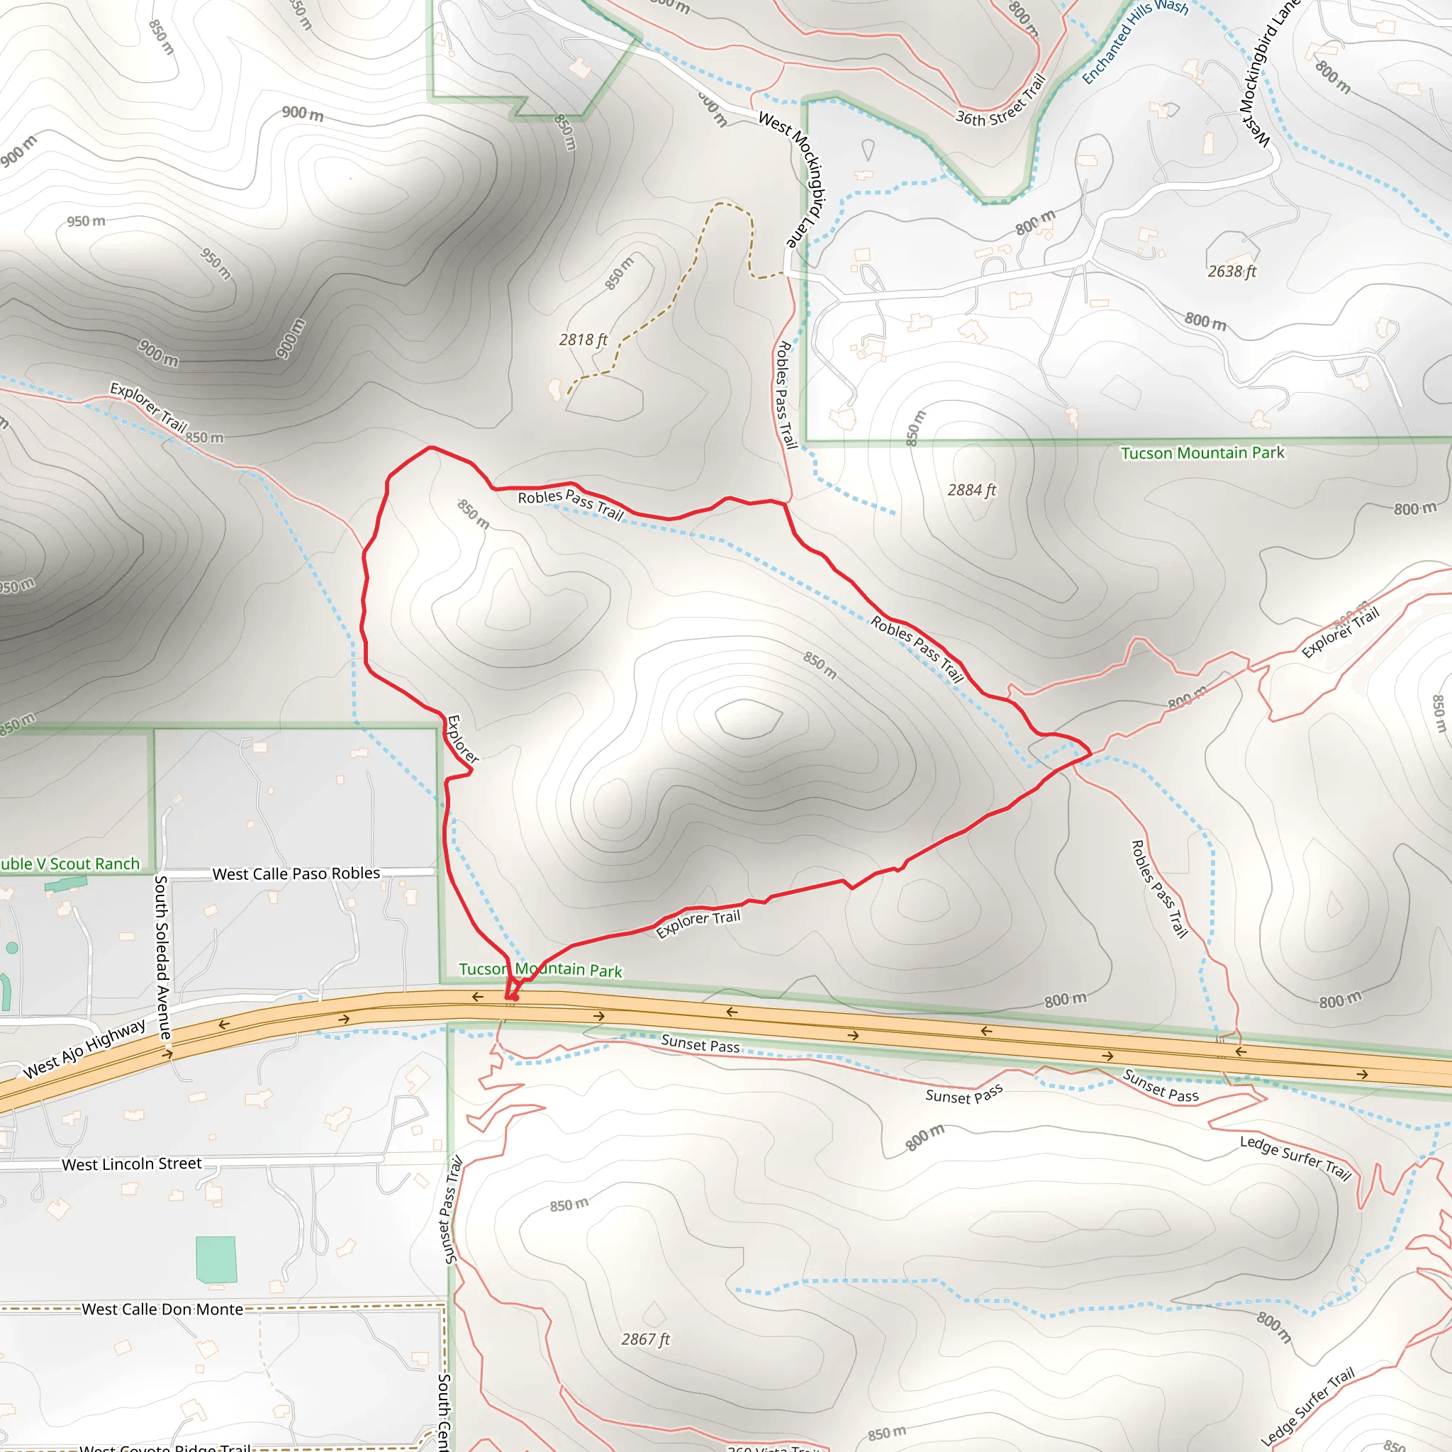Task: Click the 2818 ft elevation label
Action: [583, 340]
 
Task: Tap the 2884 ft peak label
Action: [971, 490]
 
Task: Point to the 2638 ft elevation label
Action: [1231, 272]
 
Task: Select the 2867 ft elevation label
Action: [645, 1339]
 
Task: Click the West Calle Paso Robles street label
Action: [296, 873]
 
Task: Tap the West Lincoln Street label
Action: [132, 1164]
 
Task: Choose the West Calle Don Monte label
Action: [162, 1309]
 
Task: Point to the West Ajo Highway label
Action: [84, 1049]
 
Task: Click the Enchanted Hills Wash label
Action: [1135, 41]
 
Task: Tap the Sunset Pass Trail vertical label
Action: [450, 1211]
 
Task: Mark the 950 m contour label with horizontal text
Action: [86, 221]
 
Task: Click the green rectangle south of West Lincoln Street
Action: [216, 1260]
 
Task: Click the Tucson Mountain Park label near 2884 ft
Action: [1202, 453]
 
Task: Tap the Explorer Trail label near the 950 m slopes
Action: [148, 406]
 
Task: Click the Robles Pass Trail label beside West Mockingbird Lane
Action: [785, 395]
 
